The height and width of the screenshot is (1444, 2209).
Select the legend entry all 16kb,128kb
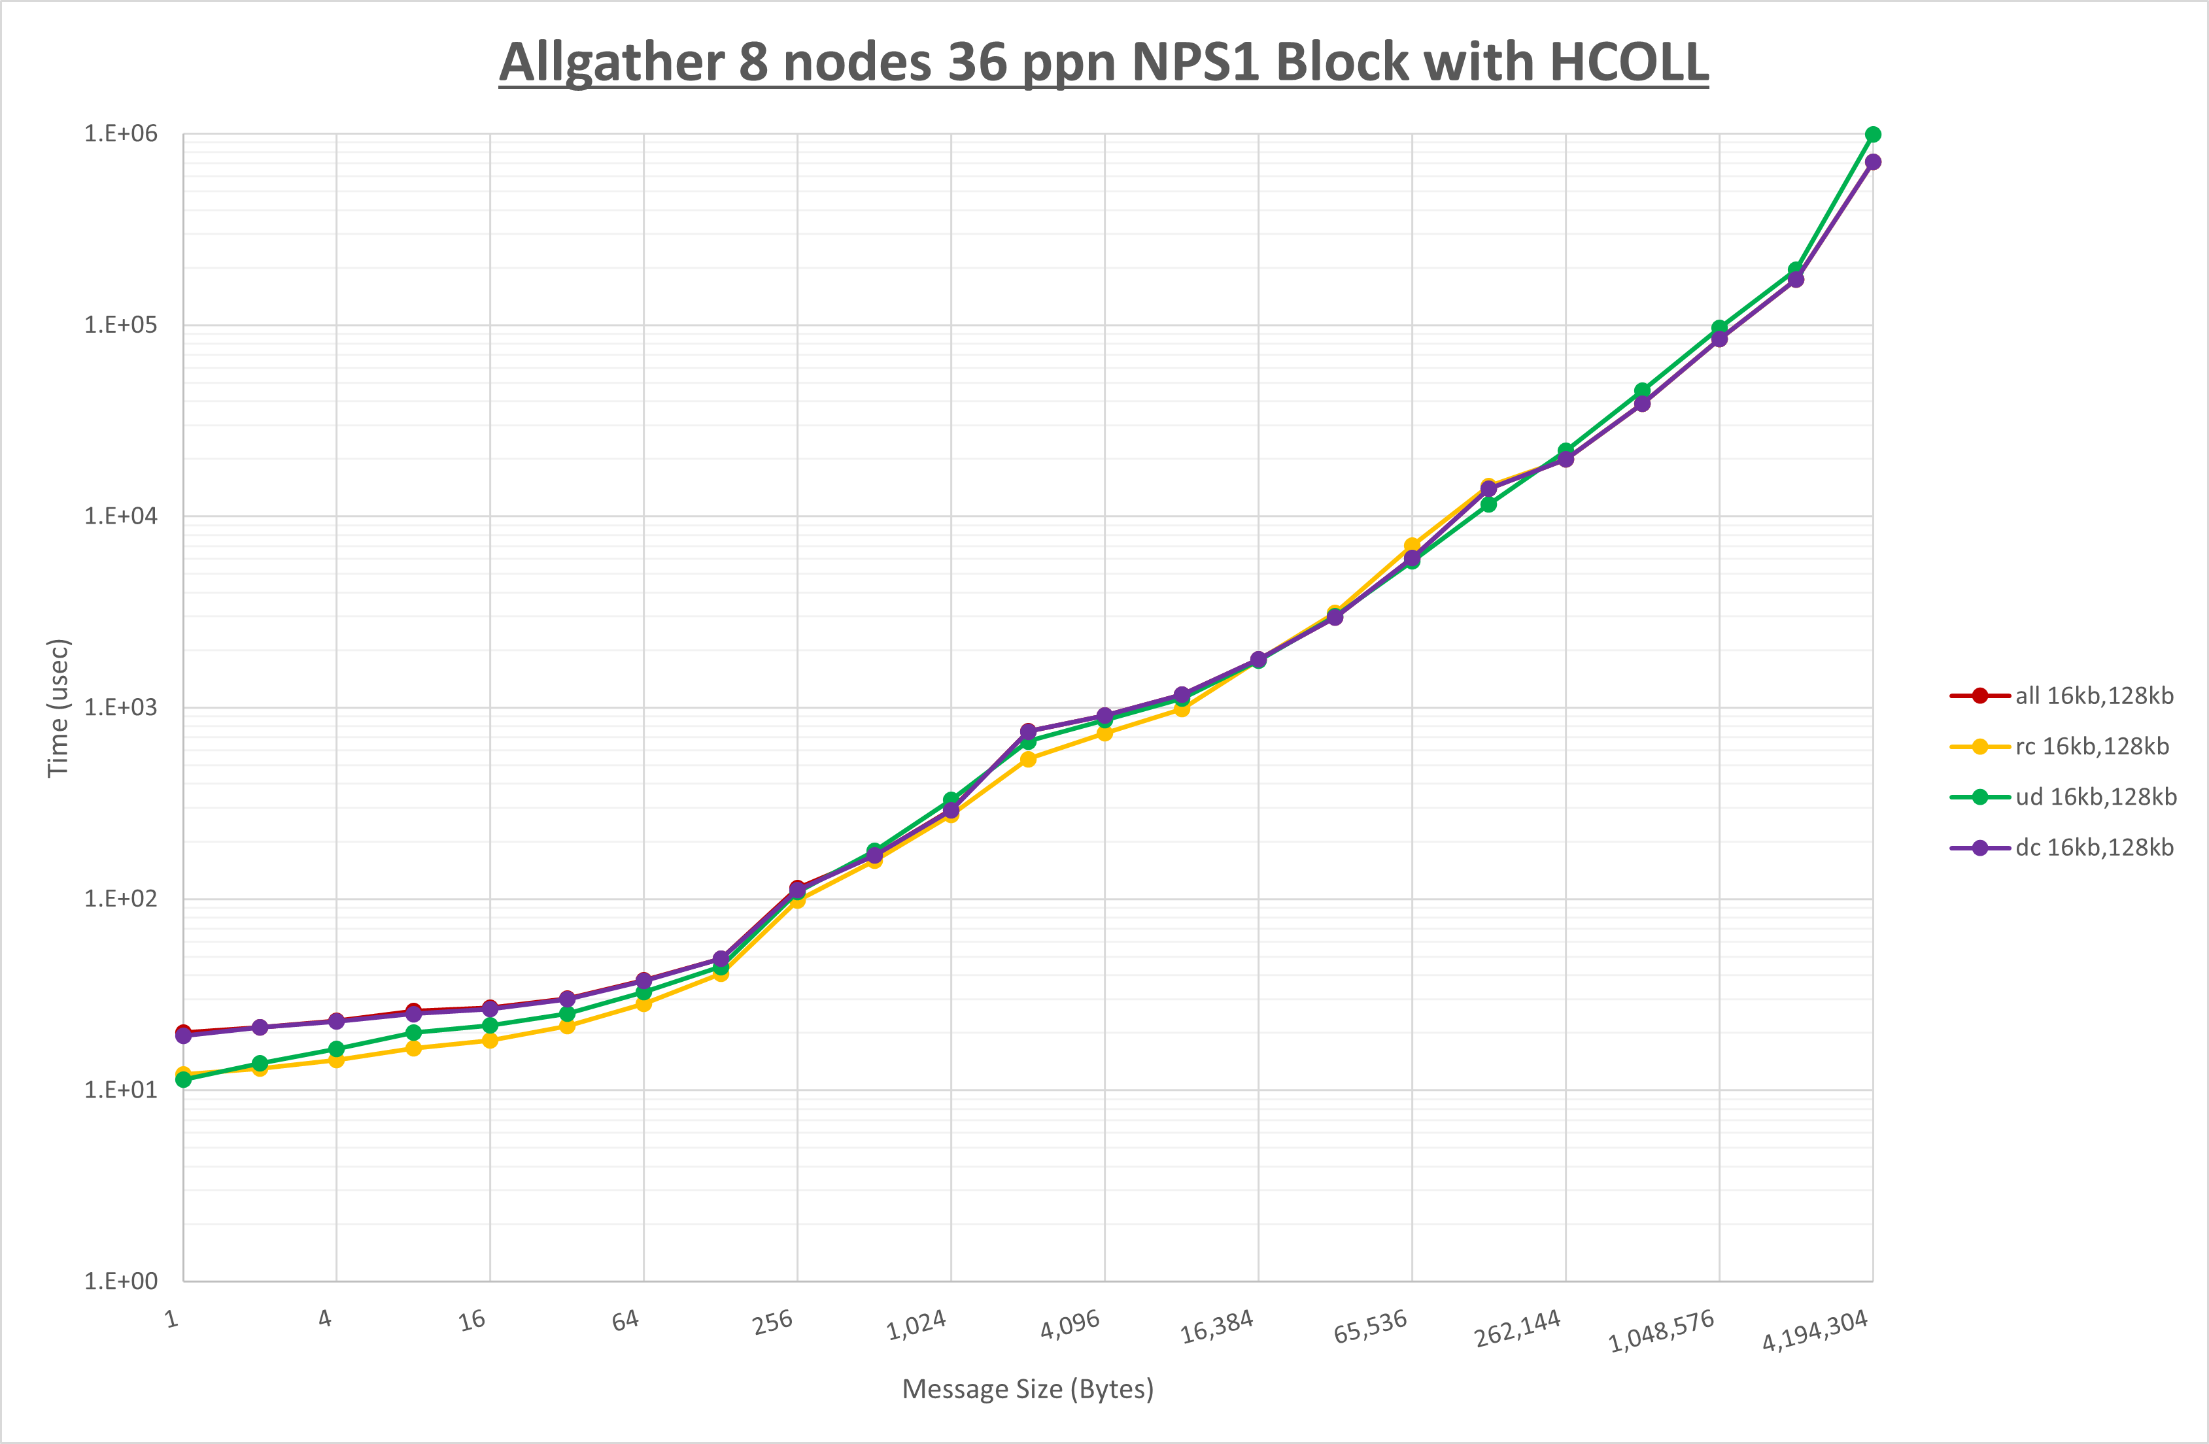pos(2093,696)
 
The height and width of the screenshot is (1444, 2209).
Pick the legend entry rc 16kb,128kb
pos(2091,746)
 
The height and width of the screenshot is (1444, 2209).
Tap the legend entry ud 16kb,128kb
pos(2095,797)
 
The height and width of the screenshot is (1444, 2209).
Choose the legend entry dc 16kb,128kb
pos(2093,847)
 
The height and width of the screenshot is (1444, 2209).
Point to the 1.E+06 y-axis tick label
pos(121,133)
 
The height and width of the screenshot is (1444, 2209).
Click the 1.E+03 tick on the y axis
pos(121,707)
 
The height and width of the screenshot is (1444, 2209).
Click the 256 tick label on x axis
pos(773,1322)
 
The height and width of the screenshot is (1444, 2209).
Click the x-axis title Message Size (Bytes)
pos(1027,1389)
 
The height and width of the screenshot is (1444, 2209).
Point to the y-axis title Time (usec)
pos(58,707)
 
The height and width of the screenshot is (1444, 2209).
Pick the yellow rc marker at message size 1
pos(184,1075)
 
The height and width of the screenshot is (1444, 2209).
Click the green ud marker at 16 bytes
pos(490,1026)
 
